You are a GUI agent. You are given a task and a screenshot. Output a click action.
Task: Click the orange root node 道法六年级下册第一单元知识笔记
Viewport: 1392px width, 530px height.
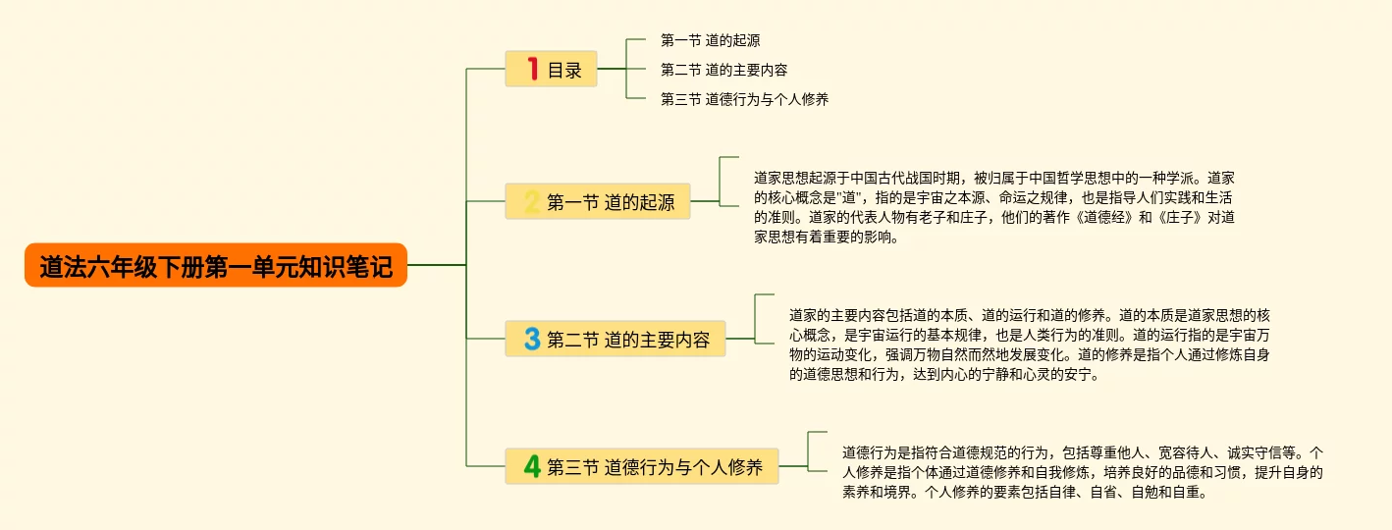pos(216,266)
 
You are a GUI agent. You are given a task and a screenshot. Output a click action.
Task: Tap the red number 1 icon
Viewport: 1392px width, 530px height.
pos(533,69)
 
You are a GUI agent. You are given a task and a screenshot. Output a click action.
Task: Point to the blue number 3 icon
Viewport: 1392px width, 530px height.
pos(532,340)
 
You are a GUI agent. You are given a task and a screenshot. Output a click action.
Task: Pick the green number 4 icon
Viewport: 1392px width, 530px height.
pos(532,467)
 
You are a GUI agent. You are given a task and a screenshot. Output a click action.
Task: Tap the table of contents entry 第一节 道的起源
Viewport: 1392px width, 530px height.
pos(710,41)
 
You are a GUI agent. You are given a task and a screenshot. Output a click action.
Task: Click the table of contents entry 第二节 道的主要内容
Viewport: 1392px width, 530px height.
pos(723,71)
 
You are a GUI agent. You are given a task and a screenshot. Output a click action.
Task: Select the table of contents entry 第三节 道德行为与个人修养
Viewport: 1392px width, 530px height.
pos(744,99)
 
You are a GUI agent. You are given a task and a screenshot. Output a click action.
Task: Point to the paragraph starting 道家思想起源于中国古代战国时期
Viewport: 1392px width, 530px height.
pos(993,207)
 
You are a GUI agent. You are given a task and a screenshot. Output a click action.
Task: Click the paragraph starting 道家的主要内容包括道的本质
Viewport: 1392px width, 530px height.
pos(1030,344)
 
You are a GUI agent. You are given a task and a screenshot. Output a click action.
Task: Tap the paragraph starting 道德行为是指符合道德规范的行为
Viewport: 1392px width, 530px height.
pos(1082,472)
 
